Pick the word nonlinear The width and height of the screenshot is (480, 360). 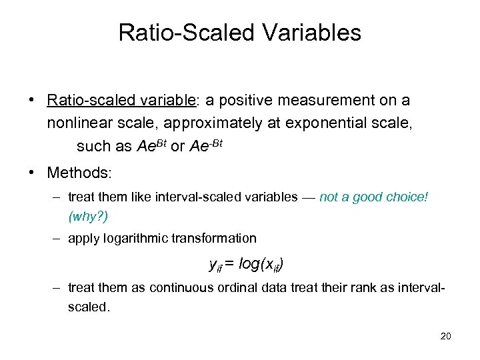(76, 123)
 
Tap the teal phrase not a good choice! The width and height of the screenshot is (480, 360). (373, 197)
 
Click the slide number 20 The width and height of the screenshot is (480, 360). (445, 336)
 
